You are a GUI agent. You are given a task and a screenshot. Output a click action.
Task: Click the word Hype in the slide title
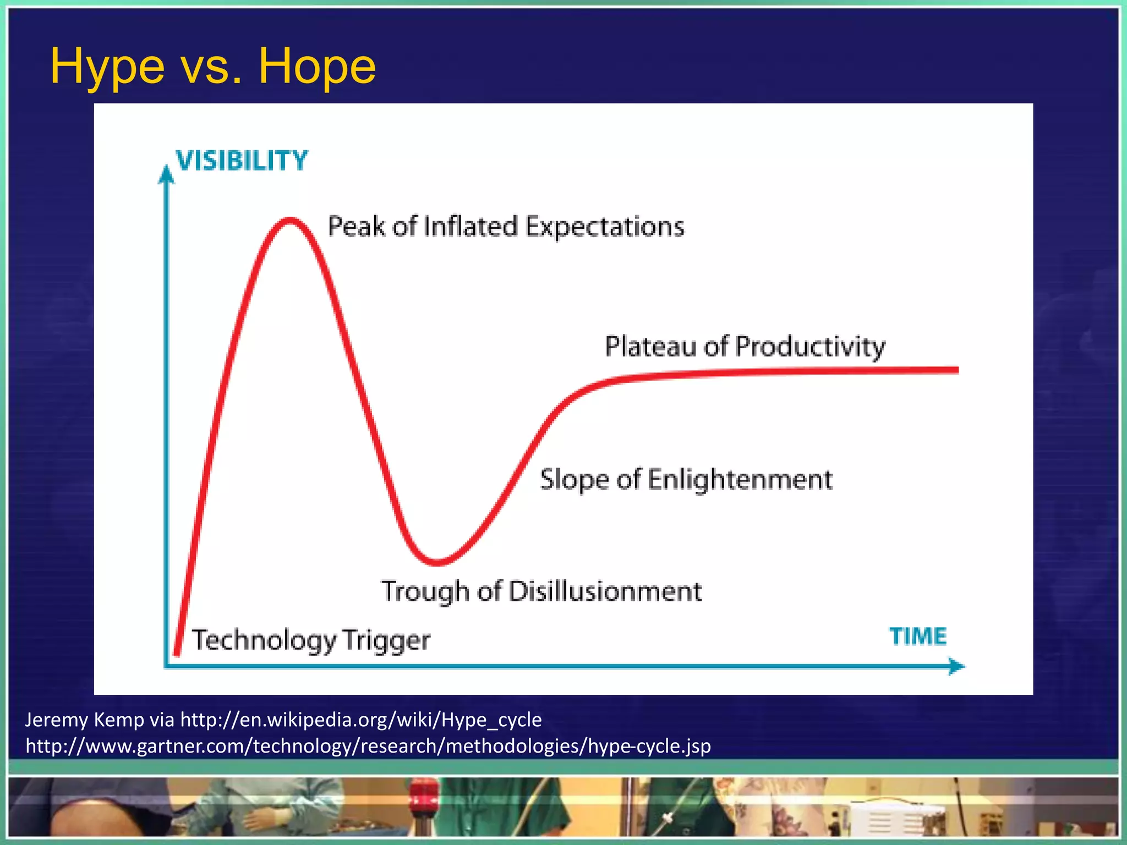click(x=107, y=67)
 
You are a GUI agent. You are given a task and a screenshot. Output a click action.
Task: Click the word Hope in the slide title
click(x=317, y=67)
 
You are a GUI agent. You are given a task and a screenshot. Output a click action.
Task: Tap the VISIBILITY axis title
click(x=242, y=161)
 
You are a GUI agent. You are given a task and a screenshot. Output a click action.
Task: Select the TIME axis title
click(x=918, y=637)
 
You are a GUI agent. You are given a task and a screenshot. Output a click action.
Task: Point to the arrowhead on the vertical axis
click(x=166, y=175)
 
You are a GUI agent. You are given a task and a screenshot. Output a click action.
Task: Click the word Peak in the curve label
click(x=356, y=227)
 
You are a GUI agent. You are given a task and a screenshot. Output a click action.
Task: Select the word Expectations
click(x=605, y=227)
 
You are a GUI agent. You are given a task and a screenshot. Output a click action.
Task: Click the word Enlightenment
click(x=740, y=479)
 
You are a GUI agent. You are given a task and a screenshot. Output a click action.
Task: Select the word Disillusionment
click(x=605, y=591)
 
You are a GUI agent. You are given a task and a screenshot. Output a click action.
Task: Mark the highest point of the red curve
click(x=290, y=221)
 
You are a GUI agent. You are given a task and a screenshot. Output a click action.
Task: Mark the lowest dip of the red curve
click(x=437, y=562)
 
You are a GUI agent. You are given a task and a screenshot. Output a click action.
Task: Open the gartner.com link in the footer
click(x=368, y=746)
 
